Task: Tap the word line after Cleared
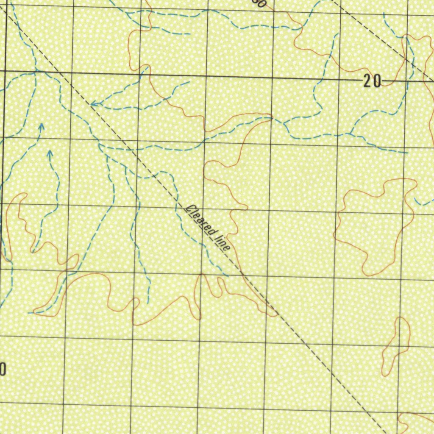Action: click(222, 242)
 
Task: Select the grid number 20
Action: click(372, 81)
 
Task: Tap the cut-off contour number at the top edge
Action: click(259, 3)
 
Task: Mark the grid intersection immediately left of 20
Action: click(340, 79)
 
